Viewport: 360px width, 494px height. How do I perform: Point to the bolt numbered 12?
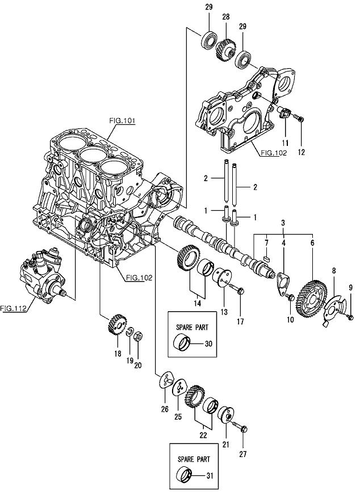299,119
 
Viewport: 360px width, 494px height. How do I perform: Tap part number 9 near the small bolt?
350,288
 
